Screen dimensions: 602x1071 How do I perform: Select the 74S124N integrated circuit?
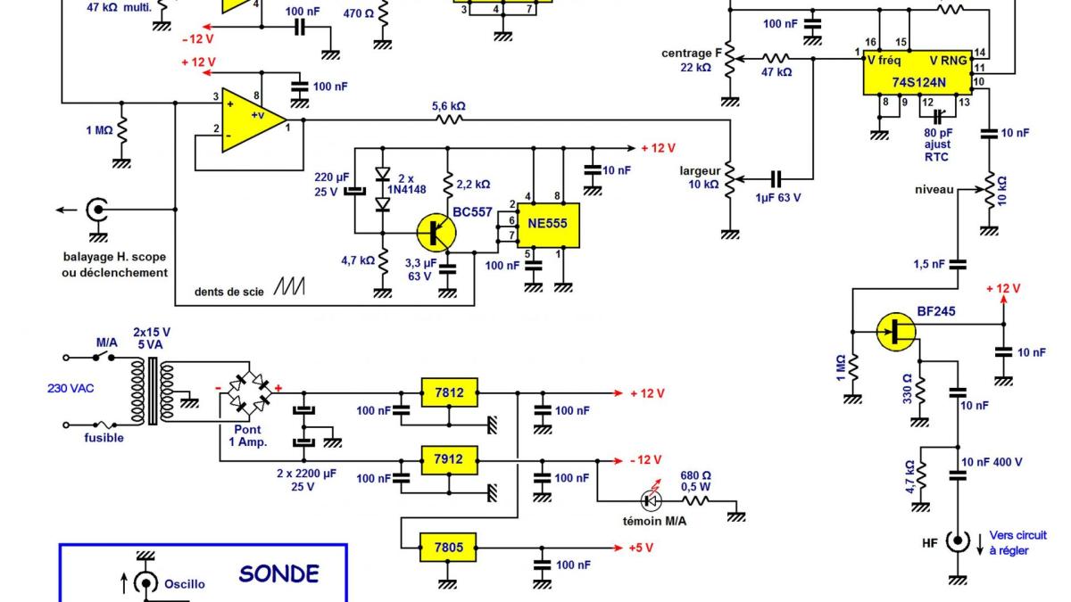point(917,72)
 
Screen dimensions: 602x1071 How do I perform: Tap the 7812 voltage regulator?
point(450,392)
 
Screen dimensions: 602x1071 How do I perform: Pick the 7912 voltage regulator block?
point(450,461)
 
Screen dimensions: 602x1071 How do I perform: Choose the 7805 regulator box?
point(450,546)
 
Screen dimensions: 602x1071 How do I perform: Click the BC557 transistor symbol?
point(436,233)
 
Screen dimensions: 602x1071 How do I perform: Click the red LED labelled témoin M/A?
point(652,499)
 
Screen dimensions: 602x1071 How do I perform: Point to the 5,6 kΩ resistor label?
point(448,106)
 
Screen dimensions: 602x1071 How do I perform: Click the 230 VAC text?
point(71,388)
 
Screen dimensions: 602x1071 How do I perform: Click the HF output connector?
point(958,540)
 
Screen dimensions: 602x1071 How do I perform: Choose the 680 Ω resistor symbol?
point(695,501)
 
